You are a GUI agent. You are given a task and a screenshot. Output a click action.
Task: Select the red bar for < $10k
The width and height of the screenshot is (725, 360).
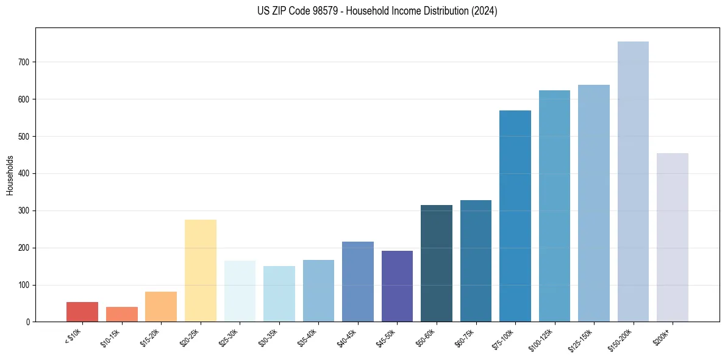tap(82, 312)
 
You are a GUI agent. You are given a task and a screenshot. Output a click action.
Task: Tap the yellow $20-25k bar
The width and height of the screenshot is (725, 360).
tap(201, 271)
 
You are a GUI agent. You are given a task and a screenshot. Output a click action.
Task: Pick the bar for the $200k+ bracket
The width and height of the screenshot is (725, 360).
tap(673, 237)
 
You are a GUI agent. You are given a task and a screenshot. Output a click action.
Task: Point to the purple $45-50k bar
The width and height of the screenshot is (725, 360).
tap(397, 286)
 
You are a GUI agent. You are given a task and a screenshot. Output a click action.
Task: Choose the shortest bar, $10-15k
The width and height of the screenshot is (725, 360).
tap(122, 314)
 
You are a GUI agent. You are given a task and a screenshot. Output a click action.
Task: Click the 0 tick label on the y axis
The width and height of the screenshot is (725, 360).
tap(28, 322)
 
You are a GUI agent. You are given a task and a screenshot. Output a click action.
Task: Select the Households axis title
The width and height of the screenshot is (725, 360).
tap(10, 175)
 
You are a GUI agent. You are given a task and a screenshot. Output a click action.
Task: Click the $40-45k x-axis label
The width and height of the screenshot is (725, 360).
tap(346, 337)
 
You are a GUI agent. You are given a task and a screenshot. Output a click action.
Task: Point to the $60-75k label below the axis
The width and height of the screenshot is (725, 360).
tap(465, 337)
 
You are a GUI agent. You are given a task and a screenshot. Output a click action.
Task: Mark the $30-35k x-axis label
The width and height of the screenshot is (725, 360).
tap(268, 337)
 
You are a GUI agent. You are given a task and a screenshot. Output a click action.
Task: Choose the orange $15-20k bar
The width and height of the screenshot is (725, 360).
tap(161, 307)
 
